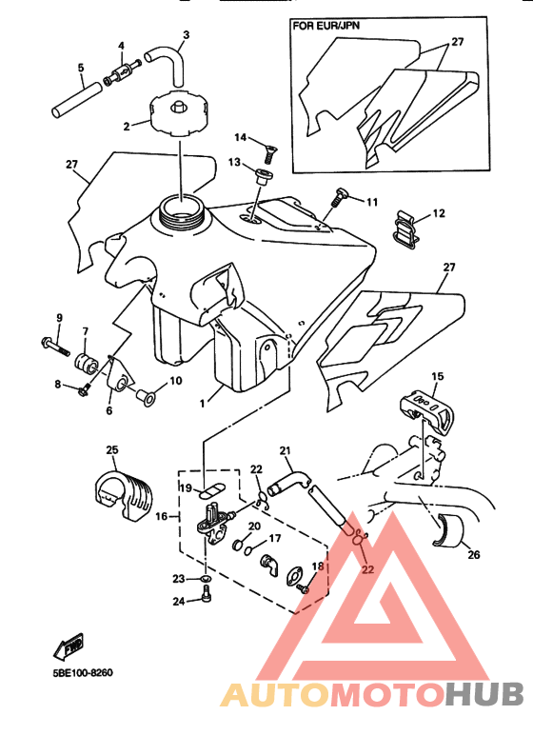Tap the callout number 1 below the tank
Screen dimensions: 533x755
(x=202, y=403)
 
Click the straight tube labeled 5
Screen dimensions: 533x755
(x=77, y=100)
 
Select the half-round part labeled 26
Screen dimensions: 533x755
(x=448, y=531)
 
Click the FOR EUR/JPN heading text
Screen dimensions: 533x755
(x=326, y=25)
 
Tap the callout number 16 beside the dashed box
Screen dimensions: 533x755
(x=162, y=516)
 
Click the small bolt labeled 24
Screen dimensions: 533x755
(x=207, y=594)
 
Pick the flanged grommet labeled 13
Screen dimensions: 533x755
(x=263, y=177)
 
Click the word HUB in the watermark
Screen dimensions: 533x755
(x=484, y=695)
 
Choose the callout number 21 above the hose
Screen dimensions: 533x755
(x=285, y=450)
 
